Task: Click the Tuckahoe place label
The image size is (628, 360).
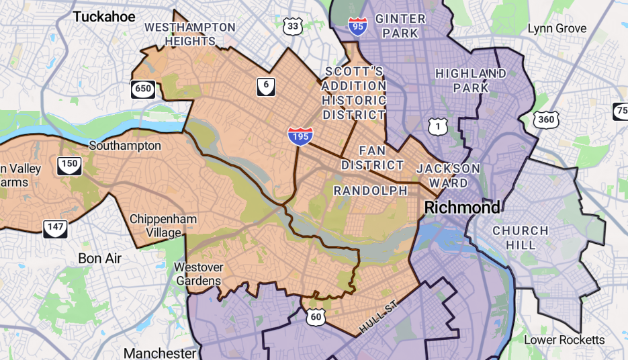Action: [104, 17]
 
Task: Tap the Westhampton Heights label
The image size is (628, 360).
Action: [190, 34]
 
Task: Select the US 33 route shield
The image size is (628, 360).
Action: [293, 26]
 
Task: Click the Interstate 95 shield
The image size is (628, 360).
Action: [357, 26]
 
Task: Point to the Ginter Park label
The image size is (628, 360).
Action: [400, 26]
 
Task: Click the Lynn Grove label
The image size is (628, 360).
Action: [557, 28]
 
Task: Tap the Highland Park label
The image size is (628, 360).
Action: [471, 81]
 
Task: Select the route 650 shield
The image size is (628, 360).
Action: [143, 89]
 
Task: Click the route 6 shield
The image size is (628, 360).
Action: [266, 85]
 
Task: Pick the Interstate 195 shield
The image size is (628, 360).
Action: [299, 135]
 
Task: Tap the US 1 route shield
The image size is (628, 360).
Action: [438, 126]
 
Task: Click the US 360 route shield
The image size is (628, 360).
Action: [546, 120]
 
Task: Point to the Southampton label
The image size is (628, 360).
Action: [125, 146]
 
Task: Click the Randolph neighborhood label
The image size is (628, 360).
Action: [371, 191]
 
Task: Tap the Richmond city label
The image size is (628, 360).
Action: [463, 208]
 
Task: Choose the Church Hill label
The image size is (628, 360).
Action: [521, 238]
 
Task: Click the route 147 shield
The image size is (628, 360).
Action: [55, 228]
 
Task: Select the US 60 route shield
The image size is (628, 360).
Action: [316, 317]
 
